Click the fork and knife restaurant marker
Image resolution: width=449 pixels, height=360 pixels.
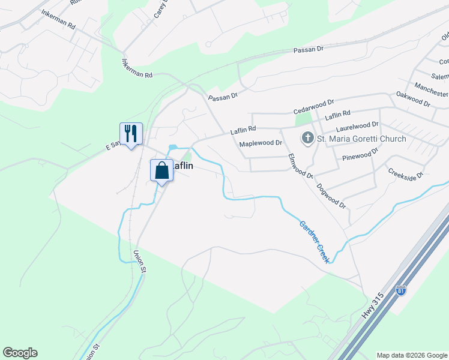click(x=131, y=133)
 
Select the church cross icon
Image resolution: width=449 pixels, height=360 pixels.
click(x=307, y=139)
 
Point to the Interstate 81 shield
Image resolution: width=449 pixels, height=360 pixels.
click(x=401, y=290)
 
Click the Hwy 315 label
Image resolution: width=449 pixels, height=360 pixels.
click(x=373, y=307)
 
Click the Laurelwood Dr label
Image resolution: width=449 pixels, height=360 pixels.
click(x=357, y=127)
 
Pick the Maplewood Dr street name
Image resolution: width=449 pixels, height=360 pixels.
click(x=261, y=143)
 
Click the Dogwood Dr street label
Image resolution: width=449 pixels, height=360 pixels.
click(x=332, y=196)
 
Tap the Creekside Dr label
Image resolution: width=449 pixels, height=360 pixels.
click(x=405, y=173)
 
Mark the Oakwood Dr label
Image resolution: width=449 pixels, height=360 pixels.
click(x=414, y=99)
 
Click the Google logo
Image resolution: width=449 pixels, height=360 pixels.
click(x=20, y=353)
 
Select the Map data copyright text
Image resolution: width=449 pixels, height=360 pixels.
click(x=411, y=355)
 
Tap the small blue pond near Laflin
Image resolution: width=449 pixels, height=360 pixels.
click(x=173, y=147)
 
